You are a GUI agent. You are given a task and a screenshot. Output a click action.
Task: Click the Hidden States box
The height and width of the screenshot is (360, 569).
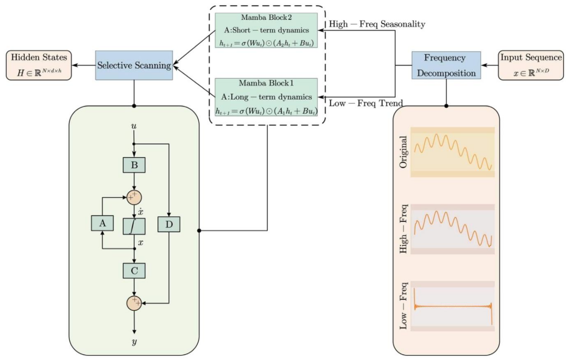39,65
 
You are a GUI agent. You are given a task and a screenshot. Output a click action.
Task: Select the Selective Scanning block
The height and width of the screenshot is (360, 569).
134,65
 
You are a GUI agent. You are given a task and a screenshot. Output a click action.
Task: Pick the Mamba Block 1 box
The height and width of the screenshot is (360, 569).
266,97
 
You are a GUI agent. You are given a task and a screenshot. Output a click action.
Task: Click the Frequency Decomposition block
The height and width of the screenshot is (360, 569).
446,65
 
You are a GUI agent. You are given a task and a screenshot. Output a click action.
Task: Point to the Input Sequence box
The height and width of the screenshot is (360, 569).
530,65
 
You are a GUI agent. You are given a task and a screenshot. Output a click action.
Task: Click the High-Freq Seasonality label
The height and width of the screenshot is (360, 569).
377,24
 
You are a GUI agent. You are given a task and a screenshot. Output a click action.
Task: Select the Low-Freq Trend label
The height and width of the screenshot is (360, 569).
366,103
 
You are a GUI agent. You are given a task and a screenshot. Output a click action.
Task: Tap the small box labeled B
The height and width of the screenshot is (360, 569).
134,165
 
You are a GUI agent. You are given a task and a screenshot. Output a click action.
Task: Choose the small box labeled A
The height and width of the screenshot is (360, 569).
102,223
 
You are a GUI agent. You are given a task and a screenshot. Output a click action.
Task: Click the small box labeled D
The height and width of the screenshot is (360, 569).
169,224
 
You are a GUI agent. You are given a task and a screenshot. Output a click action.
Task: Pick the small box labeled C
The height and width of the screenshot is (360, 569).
134,270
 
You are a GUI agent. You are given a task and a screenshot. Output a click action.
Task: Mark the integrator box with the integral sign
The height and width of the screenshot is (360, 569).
134,226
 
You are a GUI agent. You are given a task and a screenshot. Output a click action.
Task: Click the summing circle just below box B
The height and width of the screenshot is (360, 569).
134,196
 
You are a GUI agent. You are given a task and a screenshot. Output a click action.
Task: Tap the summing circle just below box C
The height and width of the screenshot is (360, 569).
134,303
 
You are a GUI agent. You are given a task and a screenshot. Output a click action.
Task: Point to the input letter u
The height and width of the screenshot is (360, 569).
134,127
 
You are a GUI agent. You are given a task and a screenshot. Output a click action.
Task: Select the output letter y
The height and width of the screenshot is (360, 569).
134,343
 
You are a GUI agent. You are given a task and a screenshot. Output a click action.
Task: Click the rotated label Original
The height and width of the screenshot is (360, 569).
404,152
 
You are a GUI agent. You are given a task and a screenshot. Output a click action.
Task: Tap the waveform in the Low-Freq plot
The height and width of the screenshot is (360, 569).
453,307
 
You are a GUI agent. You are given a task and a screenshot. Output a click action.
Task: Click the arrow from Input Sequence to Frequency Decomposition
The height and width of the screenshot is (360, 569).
489,65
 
